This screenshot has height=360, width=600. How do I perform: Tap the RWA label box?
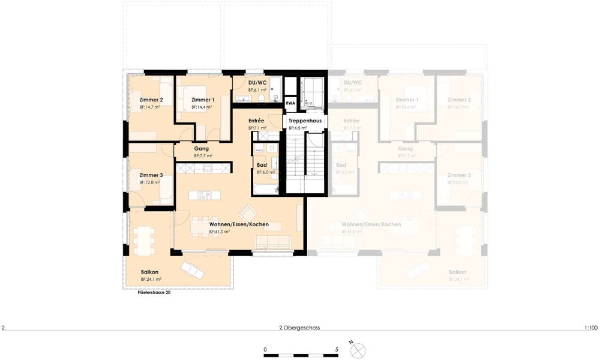click(x=290, y=103)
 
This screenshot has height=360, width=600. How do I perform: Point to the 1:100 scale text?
click(x=590, y=328)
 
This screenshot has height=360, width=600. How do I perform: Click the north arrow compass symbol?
click(x=358, y=349)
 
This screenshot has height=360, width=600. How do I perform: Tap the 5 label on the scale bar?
click(x=337, y=349)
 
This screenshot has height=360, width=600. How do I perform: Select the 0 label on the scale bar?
click(x=265, y=349)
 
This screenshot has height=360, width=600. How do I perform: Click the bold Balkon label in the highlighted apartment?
click(x=149, y=271)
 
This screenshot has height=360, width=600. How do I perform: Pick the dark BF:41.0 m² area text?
click(x=219, y=231)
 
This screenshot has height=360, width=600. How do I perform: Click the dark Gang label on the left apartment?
click(x=201, y=148)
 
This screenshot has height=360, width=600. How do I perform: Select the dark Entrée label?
click(x=256, y=121)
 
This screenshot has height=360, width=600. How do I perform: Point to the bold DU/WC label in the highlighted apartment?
click(x=257, y=82)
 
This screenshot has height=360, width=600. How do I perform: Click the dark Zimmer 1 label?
click(x=203, y=100)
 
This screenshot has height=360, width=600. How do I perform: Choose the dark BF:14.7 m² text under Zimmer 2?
click(x=150, y=107)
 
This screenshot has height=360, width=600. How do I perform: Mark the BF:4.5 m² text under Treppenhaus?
click(x=298, y=128)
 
